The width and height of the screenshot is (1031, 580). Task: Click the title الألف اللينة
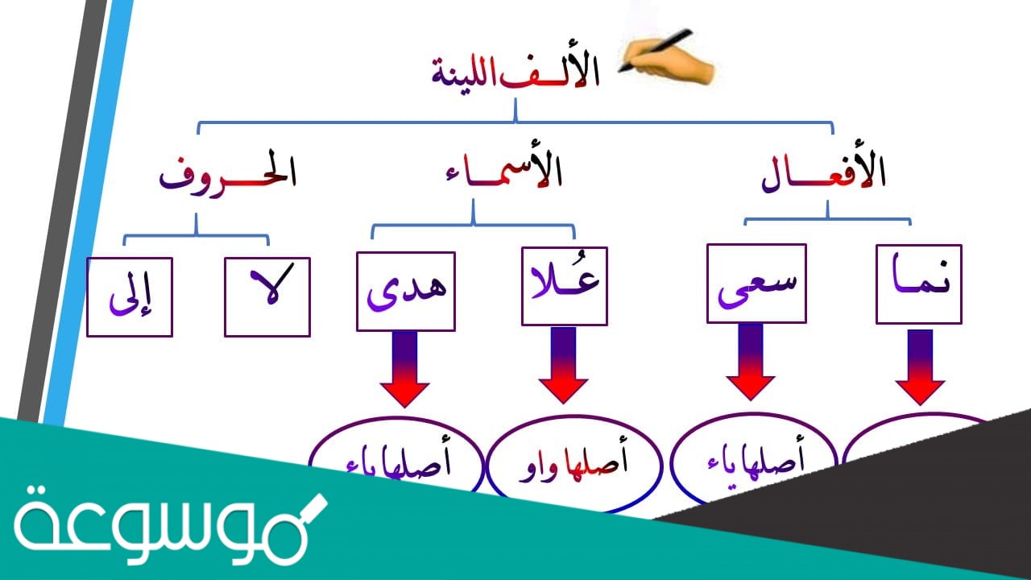click(515, 73)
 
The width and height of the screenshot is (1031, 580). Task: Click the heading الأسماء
click(503, 172)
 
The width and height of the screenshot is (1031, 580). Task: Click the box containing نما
click(918, 284)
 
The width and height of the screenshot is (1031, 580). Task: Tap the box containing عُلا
click(564, 285)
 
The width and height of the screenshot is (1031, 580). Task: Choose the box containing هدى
click(405, 292)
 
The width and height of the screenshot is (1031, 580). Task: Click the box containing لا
click(267, 296)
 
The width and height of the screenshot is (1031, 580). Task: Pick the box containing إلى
click(129, 296)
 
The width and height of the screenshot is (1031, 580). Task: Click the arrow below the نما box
click(919, 367)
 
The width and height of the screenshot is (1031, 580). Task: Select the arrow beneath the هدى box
click(404, 368)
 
